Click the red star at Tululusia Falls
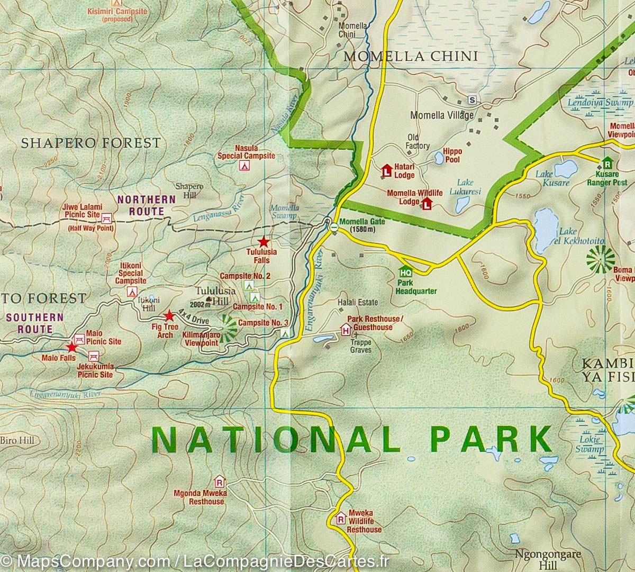click(x=263, y=242)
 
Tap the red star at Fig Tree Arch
click(x=169, y=316)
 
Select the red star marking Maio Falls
click(x=71, y=348)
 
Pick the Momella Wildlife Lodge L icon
click(x=427, y=203)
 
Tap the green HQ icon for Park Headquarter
click(x=406, y=272)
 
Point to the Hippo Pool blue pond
click(x=439, y=157)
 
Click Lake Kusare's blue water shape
click(x=565, y=169)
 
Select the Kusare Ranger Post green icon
click(x=606, y=162)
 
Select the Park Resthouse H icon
click(x=346, y=331)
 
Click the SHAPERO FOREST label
click(x=90, y=142)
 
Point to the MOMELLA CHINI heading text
click(x=411, y=56)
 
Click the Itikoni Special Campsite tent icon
click(x=132, y=292)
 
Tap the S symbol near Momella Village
click(x=472, y=99)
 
